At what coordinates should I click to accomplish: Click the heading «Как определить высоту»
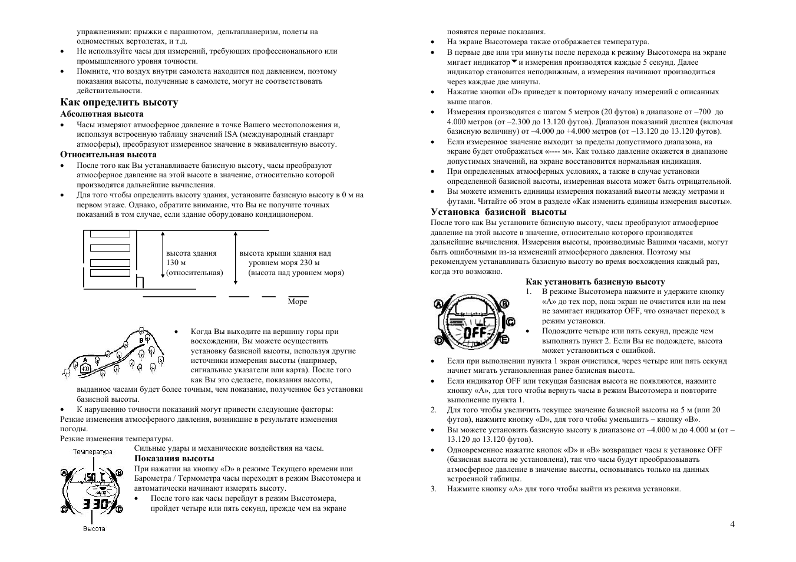(x=119, y=103)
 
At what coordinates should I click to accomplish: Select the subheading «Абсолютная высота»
(x=102, y=114)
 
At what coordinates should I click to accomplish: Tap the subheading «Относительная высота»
(x=108, y=155)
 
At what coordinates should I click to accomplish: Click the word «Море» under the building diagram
(x=298, y=302)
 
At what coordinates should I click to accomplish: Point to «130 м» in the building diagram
(x=176, y=263)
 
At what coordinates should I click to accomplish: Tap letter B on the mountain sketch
(x=141, y=340)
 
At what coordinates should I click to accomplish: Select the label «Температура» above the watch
(x=93, y=451)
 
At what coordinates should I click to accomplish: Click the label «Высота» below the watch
(x=94, y=528)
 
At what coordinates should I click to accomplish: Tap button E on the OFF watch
(x=505, y=339)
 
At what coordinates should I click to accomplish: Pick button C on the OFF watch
(x=510, y=321)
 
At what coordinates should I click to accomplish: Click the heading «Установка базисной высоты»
(x=498, y=212)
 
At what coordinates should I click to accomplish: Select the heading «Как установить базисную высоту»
(x=595, y=282)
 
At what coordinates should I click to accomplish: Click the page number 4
(x=732, y=524)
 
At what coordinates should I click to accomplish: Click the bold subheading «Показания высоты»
(x=174, y=458)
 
